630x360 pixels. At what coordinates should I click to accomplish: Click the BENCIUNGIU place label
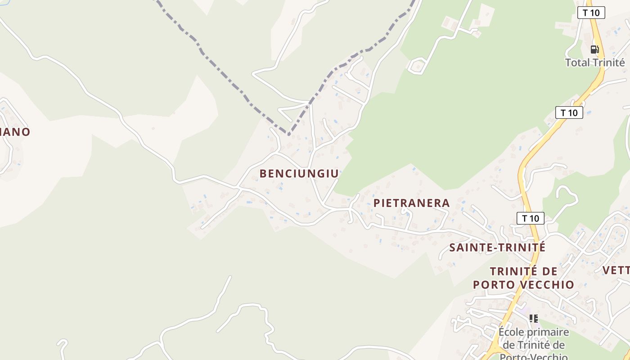[x=299, y=174]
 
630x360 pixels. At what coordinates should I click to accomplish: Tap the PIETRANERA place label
[x=411, y=203]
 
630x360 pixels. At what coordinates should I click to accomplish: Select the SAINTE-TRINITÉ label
[x=497, y=247]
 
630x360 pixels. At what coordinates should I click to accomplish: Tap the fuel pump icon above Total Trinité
[x=594, y=49]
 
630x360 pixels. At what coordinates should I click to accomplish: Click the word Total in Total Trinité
[x=577, y=63]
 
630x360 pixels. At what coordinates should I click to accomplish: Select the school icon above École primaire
[x=534, y=319]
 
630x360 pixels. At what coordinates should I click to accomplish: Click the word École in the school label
[x=511, y=333]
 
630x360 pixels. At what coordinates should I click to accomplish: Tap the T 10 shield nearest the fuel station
[x=591, y=13]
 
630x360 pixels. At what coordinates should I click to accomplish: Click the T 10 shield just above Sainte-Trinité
[x=530, y=219]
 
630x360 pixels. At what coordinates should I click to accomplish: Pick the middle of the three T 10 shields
[x=569, y=112]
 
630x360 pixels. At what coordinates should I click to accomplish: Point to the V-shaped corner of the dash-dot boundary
[x=288, y=134]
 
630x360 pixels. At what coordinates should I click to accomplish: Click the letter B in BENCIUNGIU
[x=263, y=174]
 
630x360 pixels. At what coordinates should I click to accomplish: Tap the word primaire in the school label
[x=549, y=333]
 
